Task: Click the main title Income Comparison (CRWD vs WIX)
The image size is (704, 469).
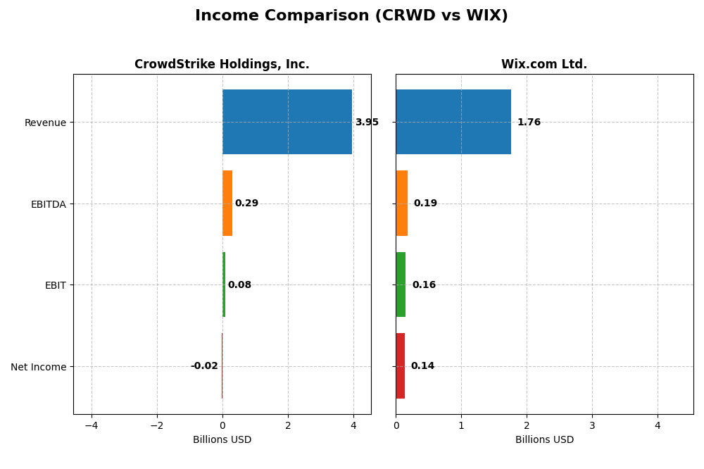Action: click(351, 15)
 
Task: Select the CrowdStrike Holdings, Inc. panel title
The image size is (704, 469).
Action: click(222, 65)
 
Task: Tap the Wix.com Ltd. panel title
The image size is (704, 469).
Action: click(543, 65)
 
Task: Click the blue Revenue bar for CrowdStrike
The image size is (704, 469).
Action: click(287, 122)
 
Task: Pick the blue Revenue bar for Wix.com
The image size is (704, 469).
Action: click(453, 122)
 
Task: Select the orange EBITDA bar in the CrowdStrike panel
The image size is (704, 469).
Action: click(227, 204)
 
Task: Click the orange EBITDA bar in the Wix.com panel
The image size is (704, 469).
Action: click(402, 204)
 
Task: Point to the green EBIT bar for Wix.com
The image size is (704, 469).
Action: click(401, 284)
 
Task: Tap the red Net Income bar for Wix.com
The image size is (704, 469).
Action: click(401, 366)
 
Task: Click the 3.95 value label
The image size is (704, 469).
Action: click(367, 123)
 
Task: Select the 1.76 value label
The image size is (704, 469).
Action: click(529, 123)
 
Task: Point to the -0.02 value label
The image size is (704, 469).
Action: click(204, 366)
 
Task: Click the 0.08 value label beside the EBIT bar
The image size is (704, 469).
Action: click(239, 285)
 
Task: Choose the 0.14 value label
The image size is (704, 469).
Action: click(422, 366)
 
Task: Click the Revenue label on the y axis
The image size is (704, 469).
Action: click(45, 123)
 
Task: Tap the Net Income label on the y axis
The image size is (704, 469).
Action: click(39, 367)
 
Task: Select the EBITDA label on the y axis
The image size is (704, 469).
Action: click(49, 204)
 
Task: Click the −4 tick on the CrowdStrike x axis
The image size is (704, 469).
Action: click(92, 425)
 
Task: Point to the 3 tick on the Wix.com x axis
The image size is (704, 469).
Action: click(592, 425)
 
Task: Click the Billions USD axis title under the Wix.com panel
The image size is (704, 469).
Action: click(544, 440)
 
